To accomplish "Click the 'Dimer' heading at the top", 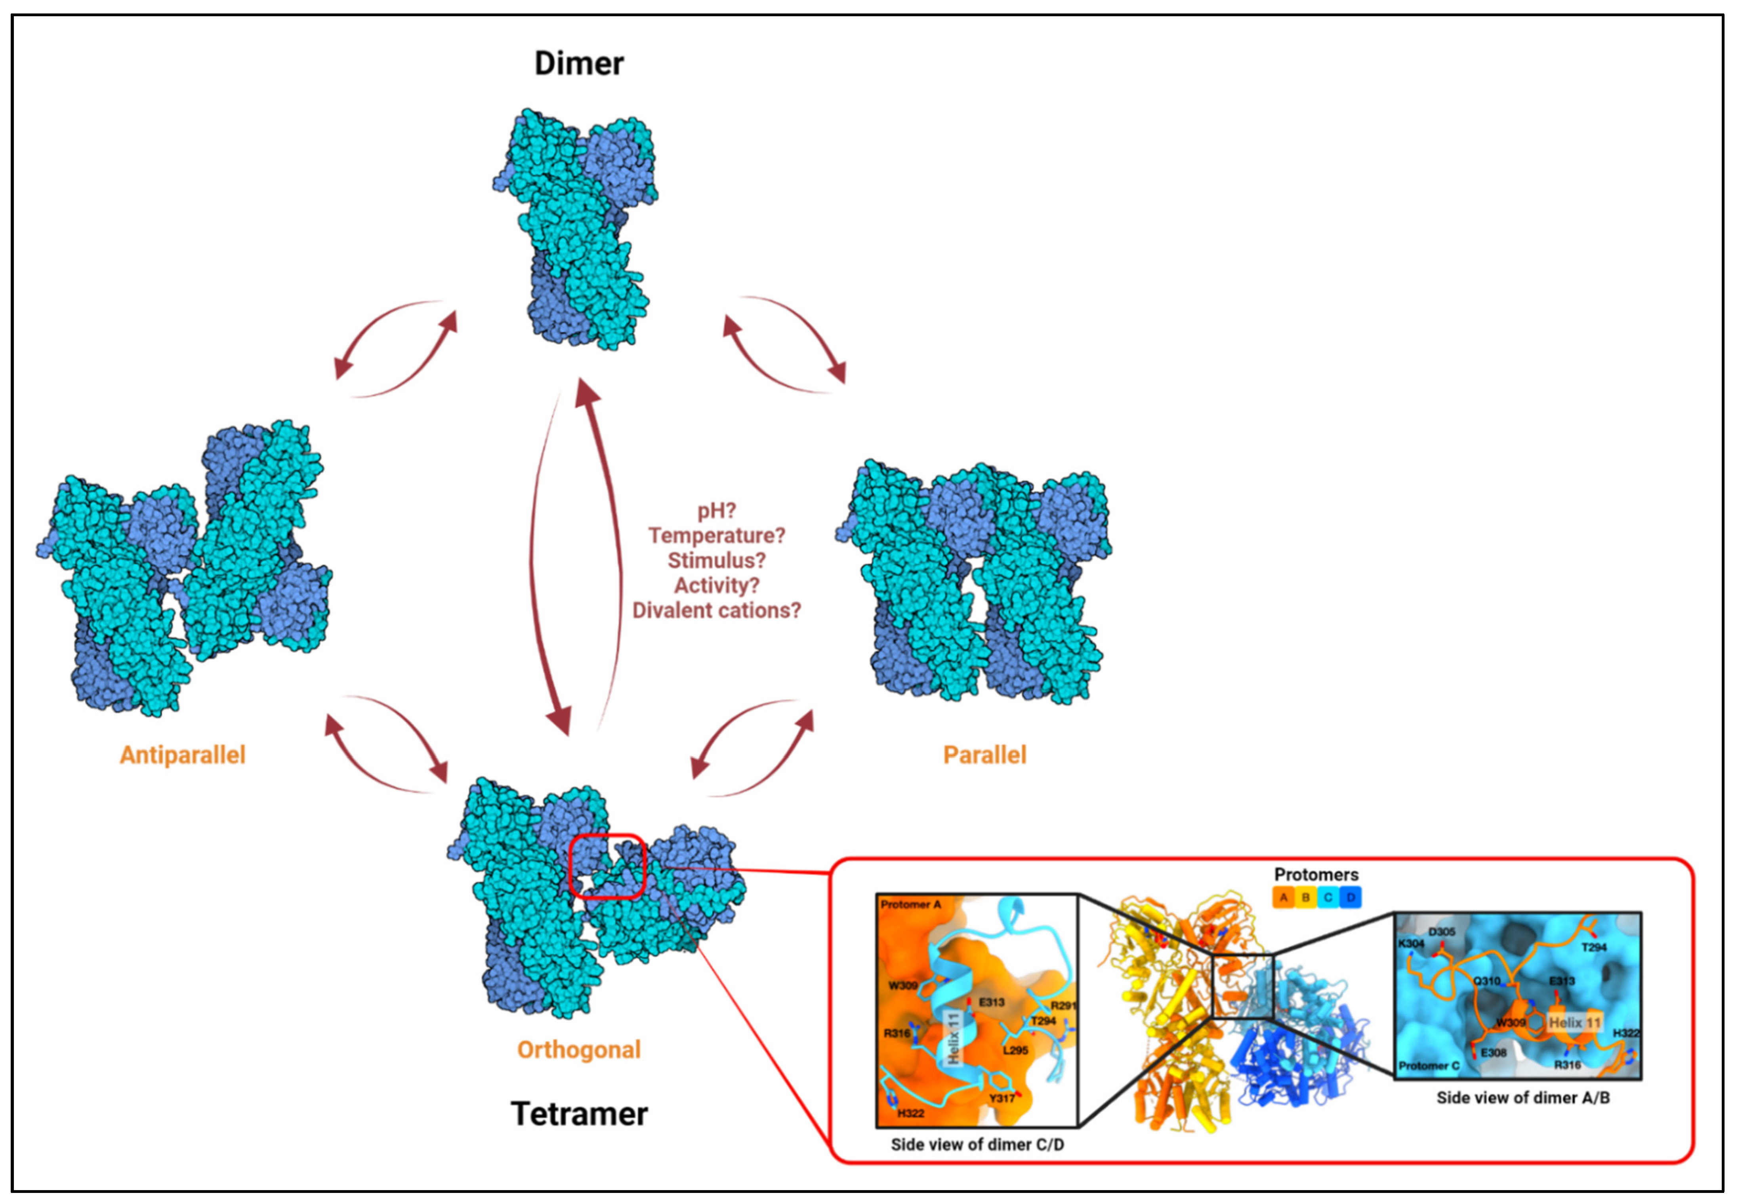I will point(579,63).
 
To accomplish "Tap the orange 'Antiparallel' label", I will point(183,755).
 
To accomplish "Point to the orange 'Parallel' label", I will point(985,755).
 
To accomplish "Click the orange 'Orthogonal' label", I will point(579,1049).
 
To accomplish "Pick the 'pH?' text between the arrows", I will point(716,511).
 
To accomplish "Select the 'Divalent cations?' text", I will point(716,610).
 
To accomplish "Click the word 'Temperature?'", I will point(716,536).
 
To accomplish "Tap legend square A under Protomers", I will point(1283,898).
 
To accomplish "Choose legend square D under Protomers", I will point(1351,898).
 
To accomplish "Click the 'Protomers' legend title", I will point(1316,874).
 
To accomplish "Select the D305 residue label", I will point(1441,932).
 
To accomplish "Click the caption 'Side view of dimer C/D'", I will point(977,1144).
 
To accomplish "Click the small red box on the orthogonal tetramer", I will point(607,866).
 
